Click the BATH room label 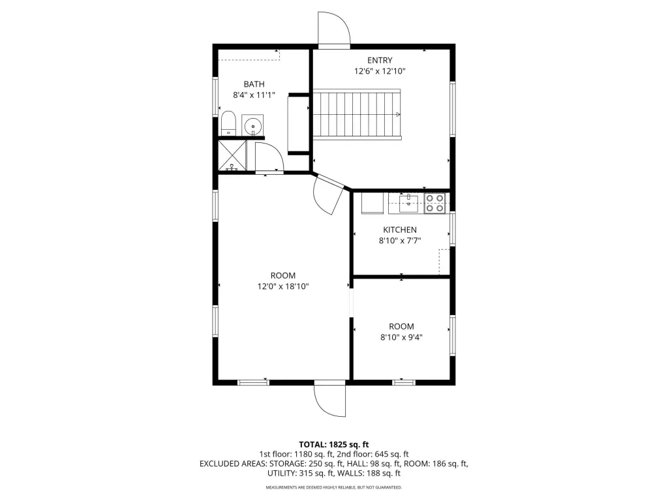click(x=254, y=84)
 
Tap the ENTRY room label click(x=380, y=61)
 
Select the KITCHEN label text click(x=400, y=230)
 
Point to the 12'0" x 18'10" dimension click(x=283, y=286)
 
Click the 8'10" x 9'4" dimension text click(x=401, y=337)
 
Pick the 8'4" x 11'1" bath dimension click(x=254, y=95)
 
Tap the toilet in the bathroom click(x=228, y=123)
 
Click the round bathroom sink click(x=253, y=126)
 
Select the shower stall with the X click(x=232, y=155)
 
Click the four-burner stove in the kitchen click(x=434, y=204)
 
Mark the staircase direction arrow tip click(x=400, y=114)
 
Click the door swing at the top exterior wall click(x=334, y=28)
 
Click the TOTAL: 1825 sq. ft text click(x=333, y=445)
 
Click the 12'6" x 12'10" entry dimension click(x=380, y=71)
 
